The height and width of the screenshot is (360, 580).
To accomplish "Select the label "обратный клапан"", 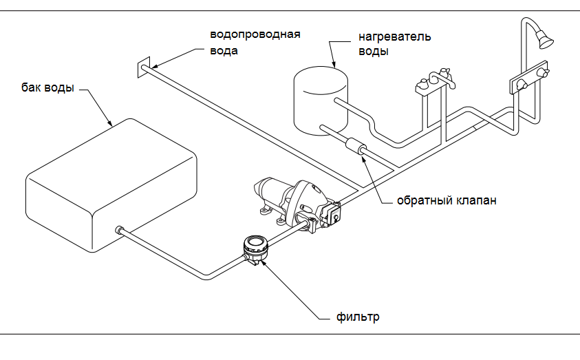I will (x=447, y=201).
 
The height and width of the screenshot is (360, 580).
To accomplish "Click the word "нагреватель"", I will (x=394, y=36).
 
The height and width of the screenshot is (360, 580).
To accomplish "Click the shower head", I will (x=546, y=41).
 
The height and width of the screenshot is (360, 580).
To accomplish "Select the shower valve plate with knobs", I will (x=529, y=81).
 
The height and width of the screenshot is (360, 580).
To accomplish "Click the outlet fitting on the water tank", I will (x=120, y=229).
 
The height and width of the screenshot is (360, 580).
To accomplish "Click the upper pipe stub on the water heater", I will (x=339, y=102).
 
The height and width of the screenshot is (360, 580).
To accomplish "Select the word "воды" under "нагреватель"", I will (x=374, y=51).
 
